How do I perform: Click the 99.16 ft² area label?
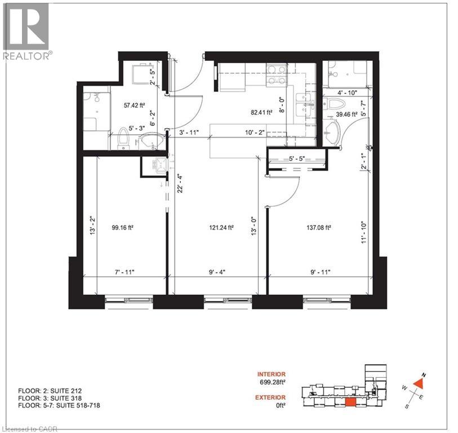point(123,228)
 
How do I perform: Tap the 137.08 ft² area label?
point(318,228)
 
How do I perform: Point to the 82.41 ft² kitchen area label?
point(261,112)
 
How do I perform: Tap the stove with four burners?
point(274,75)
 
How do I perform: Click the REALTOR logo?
point(26,31)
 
